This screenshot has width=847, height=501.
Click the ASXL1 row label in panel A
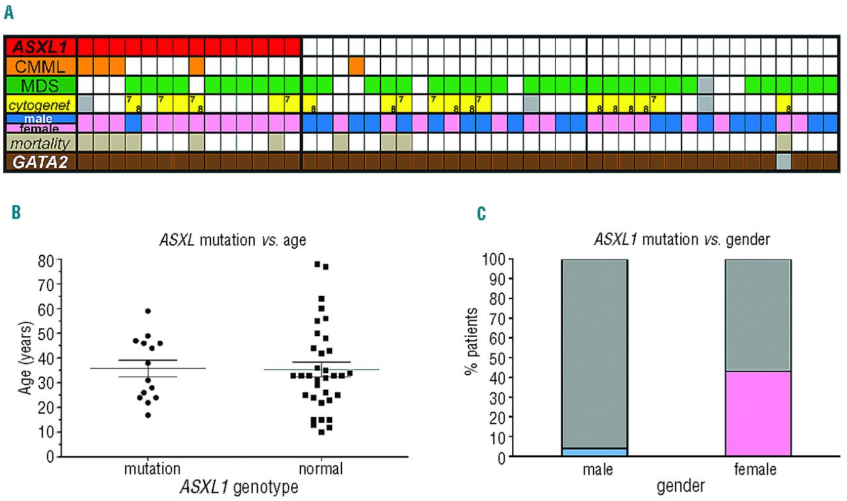tap(41, 47)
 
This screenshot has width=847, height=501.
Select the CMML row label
tap(41, 66)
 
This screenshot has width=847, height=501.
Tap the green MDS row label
tap(41, 85)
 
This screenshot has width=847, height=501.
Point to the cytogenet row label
tap(41, 104)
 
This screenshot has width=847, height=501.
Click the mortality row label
tap(41, 142)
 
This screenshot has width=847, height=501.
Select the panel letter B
tap(17, 213)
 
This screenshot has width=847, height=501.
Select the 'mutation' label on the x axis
tap(152, 469)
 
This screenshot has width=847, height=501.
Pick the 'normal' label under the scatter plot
tap(321, 469)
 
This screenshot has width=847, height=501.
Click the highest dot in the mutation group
tap(148, 311)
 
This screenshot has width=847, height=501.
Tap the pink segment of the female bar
tap(758, 414)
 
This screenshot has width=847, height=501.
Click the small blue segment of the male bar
tap(594, 452)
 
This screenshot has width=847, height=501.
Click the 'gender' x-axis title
tap(680, 486)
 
